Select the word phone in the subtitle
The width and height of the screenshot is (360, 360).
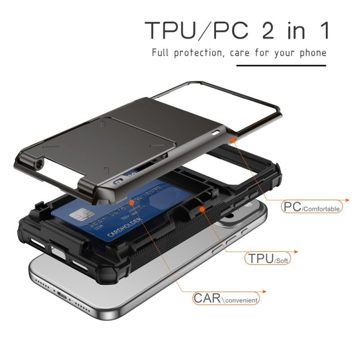pyautogui.click(x=312, y=53)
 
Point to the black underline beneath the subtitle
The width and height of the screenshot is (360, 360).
pyautogui.click(x=281, y=66)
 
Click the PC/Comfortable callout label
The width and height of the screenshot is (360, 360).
pyautogui.click(x=311, y=207)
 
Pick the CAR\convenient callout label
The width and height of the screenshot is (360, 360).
pyautogui.click(x=226, y=298)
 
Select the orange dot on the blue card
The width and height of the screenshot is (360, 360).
pyautogui.click(x=131, y=203)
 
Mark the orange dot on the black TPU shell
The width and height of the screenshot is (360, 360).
pyautogui.click(x=202, y=210)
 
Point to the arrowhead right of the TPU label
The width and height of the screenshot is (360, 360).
pyautogui.click(x=296, y=252)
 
